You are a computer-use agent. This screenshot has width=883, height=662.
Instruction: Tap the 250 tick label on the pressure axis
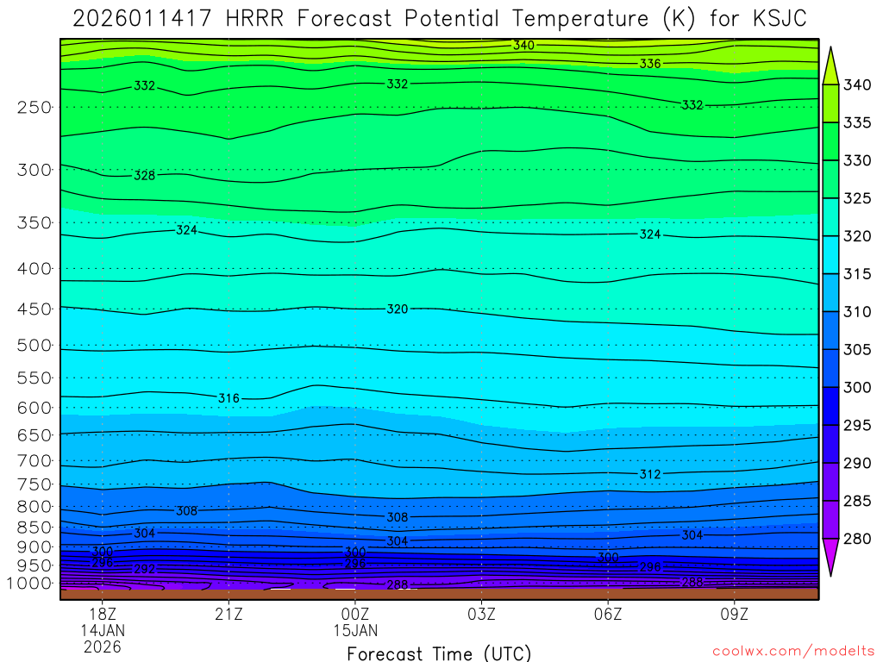(x=34, y=108)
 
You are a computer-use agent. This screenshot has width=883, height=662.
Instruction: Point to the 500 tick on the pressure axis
(x=34, y=346)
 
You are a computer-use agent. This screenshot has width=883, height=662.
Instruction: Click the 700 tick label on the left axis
(x=34, y=460)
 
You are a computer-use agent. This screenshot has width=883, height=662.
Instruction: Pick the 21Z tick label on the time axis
(x=229, y=614)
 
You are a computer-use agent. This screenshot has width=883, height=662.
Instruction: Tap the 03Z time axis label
(x=481, y=614)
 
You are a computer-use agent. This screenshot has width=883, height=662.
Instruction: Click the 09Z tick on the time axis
(x=735, y=614)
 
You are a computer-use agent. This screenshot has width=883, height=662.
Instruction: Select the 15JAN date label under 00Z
(x=354, y=630)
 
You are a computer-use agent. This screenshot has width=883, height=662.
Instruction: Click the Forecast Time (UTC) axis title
(x=439, y=653)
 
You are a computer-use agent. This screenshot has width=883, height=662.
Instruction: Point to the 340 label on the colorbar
(x=858, y=84)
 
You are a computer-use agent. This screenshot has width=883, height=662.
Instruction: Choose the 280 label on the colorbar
(x=858, y=539)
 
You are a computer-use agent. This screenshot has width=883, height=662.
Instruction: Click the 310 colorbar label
(x=858, y=311)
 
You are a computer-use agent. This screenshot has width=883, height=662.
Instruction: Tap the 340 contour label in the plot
(x=523, y=45)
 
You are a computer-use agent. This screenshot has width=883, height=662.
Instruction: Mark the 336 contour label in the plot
(x=650, y=64)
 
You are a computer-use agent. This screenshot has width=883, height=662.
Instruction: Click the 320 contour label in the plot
(x=397, y=309)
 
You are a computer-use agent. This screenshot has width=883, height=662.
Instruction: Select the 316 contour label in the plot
(x=229, y=398)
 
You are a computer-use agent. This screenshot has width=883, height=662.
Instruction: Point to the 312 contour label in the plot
(x=650, y=475)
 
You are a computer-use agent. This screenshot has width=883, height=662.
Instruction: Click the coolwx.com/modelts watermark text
(x=792, y=650)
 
